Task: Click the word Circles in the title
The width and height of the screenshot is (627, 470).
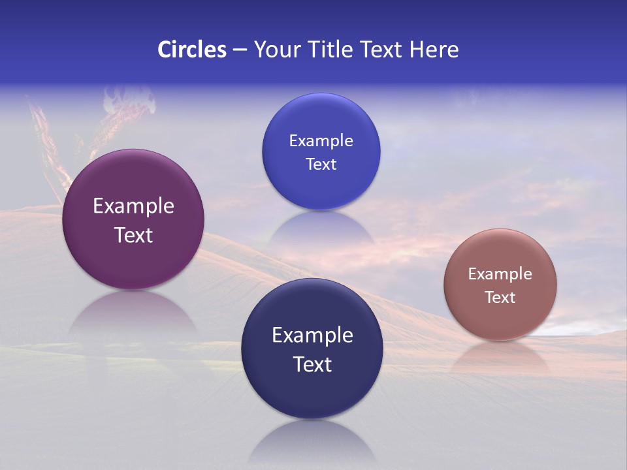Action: point(191,50)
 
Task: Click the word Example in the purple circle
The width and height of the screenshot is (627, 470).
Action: point(133,206)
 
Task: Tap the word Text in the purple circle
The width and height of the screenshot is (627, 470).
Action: point(133,235)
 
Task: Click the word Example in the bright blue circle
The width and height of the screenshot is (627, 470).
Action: point(321,141)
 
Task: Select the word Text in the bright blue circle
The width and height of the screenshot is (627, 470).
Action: point(321,164)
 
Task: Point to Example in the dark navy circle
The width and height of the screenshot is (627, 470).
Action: point(312,336)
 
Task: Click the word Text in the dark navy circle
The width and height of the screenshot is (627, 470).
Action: point(312,364)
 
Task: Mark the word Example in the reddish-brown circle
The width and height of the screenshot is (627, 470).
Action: point(500,274)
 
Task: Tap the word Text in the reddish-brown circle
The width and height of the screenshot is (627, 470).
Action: point(500,298)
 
